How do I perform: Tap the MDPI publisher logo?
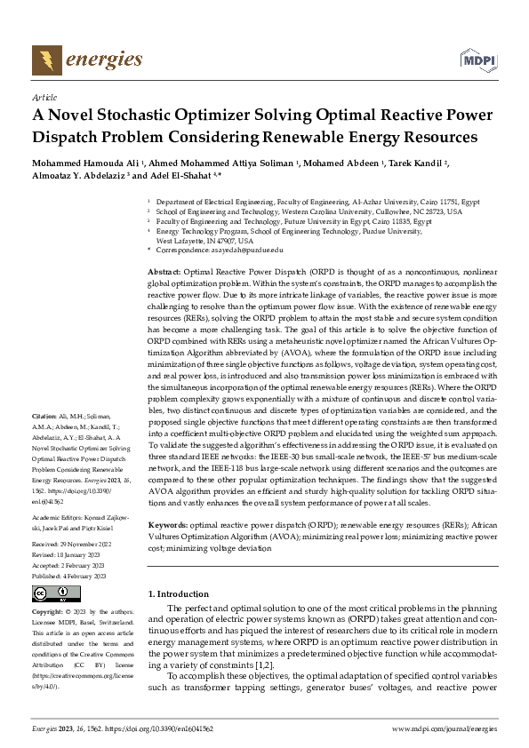[477, 60]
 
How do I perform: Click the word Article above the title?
[44, 97]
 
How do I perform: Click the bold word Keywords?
[169, 526]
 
